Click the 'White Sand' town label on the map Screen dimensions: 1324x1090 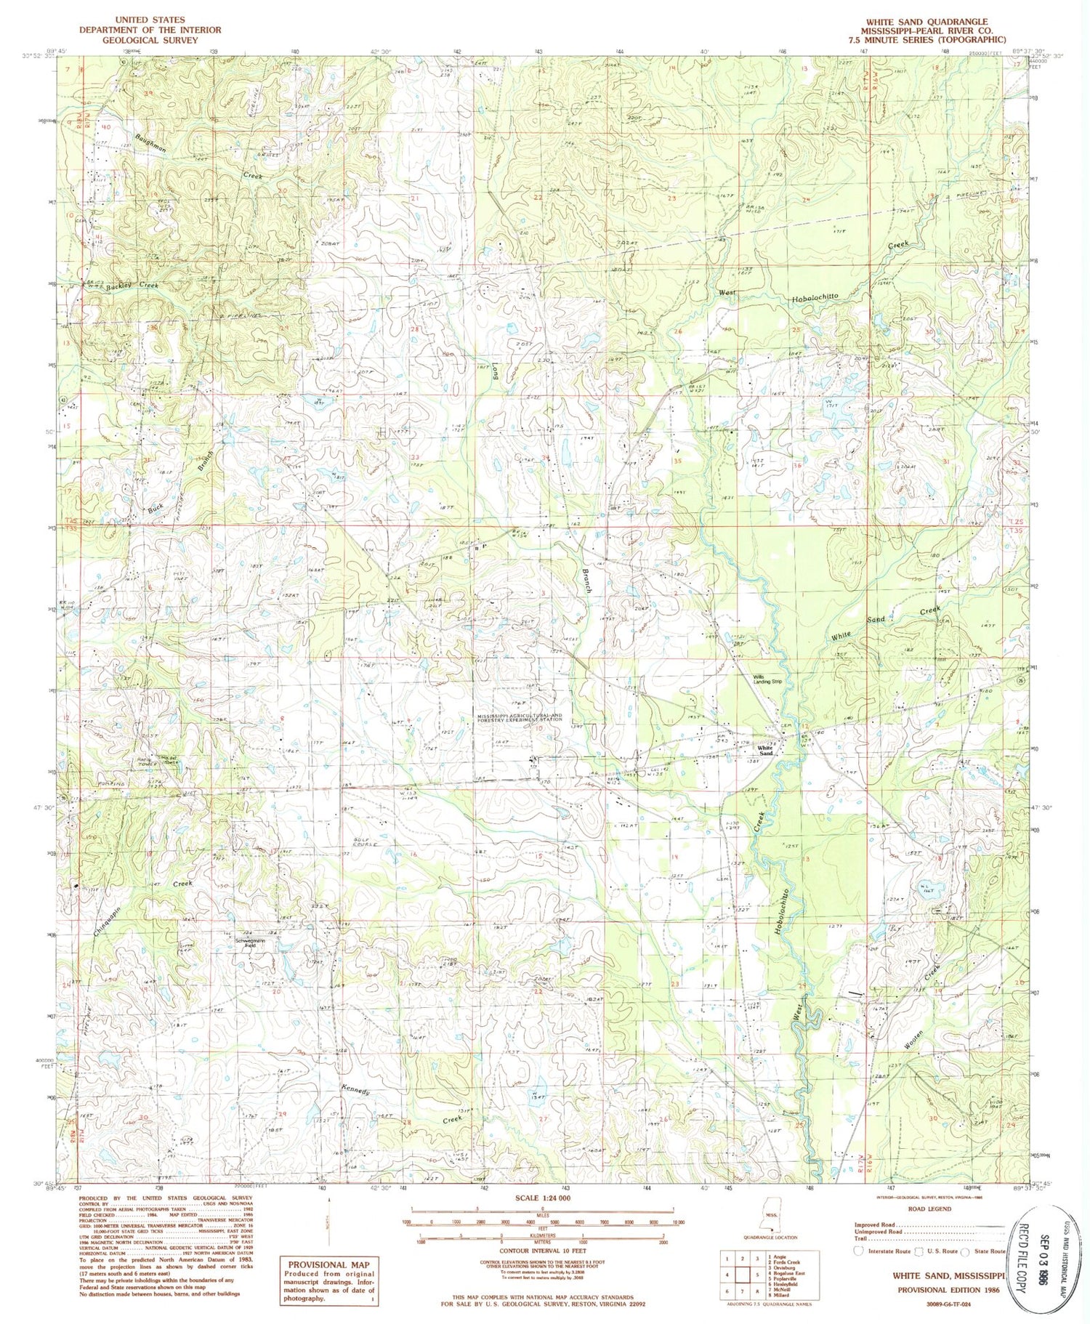coord(765,748)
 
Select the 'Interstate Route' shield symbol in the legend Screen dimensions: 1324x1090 coord(859,1251)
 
